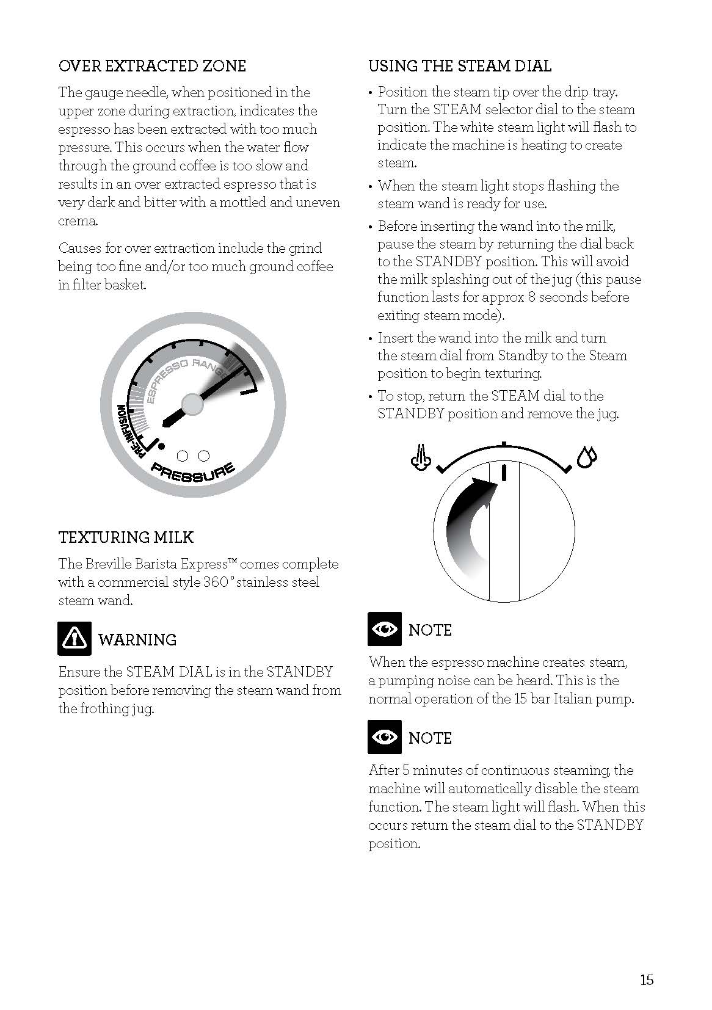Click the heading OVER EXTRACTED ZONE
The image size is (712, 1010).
click(x=152, y=66)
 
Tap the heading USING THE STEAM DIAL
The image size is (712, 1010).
click(x=460, y=66)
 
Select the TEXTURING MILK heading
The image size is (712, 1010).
click(x=126, y=537)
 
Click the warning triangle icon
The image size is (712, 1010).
click(x=74, y=638)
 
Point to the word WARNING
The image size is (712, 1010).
click(x=137, y=640)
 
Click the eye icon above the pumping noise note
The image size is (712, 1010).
click(x=385, y=629)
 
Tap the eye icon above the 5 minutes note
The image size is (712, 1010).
click(x=385, y=737)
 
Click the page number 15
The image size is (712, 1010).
click(x=647, y=980)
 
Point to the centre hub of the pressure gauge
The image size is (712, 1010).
click(x=192, y=403)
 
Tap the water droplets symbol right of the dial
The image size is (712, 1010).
click(x=587, y=456)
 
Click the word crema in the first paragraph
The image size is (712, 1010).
click(x=77, y=221)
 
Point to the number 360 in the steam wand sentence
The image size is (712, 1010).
click(x=215, y=582)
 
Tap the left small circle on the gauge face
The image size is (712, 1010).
click(x=182, y=456)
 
